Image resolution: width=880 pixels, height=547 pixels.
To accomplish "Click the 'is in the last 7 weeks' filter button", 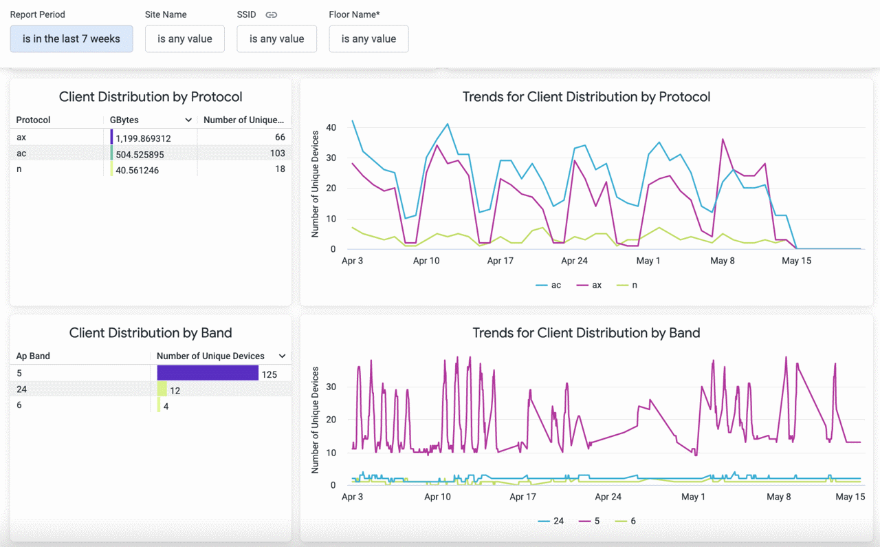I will [71, 39].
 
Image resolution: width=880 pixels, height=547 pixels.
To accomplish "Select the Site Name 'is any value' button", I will [185, 39].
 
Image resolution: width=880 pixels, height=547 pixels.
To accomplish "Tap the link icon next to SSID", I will [272, 14].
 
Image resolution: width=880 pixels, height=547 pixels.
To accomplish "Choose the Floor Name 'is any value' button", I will [368, 39].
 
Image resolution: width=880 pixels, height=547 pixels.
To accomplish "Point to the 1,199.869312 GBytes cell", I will [143, 138].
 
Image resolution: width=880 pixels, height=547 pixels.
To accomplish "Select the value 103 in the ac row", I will [277, 153].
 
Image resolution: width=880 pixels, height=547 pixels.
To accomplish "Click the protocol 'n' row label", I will [19, 169].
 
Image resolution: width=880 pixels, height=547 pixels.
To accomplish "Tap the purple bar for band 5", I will [208, 373].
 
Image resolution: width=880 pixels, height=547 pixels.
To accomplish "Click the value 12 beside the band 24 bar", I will [175, 391].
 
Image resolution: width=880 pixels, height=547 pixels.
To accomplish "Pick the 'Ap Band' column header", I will [33, 356].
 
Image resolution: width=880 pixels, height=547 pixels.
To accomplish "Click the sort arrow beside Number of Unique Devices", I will [282, 356].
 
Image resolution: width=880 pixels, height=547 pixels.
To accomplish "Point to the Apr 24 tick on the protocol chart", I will [574, 261].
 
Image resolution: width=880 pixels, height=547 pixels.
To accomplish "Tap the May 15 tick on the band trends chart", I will [850, 497].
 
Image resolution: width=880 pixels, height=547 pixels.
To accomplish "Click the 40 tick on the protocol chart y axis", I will [331, 127].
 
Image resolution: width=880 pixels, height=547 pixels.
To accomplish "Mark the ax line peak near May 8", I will [723, 140].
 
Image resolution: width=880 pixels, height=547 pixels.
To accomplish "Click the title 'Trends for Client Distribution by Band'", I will [586, 333].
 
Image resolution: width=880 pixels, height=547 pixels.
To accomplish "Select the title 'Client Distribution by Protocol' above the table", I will [151, 97].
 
